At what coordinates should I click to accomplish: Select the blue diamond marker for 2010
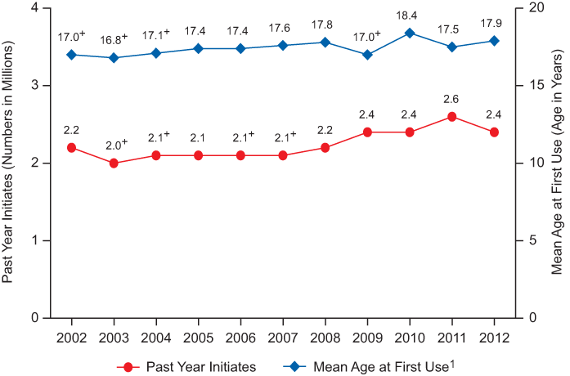(410, 33)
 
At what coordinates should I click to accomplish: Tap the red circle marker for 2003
(114, 163)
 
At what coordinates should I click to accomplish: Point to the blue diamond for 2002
(72, 55)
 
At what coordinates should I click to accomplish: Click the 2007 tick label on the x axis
(283, 337)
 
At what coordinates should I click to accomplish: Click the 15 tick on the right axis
(530, 86)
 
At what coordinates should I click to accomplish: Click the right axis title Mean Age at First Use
(558, 163)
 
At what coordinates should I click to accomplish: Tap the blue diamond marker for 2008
(325, 43)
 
